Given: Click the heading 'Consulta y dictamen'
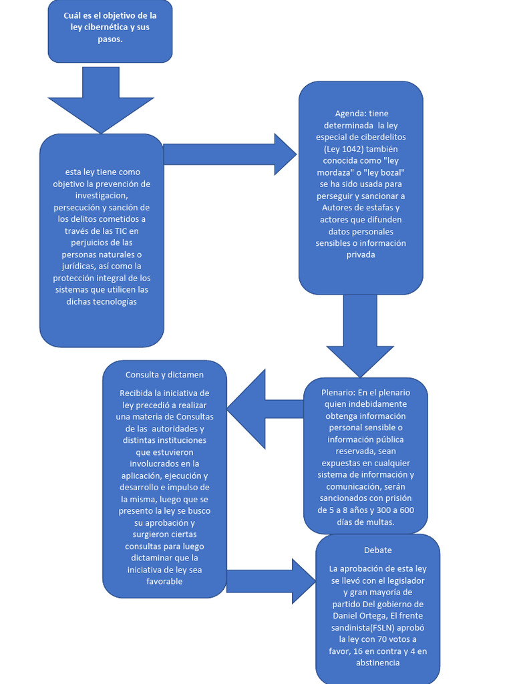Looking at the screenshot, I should click(x=164, y=375).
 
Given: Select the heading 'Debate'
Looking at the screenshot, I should click(x=377, y=550).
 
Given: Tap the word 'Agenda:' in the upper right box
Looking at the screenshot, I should click(x=350, y=114).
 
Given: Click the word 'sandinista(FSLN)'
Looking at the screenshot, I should click(x=368, y=627).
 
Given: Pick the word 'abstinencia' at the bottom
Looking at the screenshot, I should click(x=377, y=663).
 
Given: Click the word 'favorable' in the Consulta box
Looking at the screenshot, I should click(x=164, y=582).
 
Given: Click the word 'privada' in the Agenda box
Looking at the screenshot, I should click(x=361, y=254).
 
